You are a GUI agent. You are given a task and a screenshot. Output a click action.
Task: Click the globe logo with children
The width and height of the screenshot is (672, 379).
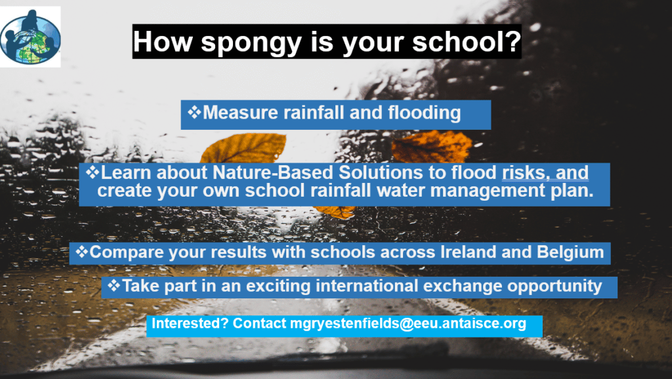[x=30, y=37]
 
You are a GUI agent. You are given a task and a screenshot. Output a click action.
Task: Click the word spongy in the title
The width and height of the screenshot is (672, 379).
[x=251, y=43]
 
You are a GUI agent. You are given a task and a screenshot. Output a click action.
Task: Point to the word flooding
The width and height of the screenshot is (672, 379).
[x=425, y=113]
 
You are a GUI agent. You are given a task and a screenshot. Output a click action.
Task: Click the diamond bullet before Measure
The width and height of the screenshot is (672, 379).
[x=194, y=112]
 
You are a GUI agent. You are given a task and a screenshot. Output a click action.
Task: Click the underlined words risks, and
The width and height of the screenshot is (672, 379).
[x=545, y=172]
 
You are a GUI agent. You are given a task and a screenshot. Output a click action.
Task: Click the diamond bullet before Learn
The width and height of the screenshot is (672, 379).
[x=93, y=172]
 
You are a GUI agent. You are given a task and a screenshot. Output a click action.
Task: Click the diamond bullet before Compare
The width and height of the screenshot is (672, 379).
[x=81, y=251]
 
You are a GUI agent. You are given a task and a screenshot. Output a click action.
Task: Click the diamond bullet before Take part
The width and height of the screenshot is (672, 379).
[x=114, y=285]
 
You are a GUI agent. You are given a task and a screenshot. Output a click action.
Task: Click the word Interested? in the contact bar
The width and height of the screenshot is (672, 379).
[x=190, y=323]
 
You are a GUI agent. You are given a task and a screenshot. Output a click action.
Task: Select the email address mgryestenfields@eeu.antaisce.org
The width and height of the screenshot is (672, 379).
[x=408, y=323]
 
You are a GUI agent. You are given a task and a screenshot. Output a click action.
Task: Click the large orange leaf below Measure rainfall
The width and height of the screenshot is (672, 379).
[x=243, y=148]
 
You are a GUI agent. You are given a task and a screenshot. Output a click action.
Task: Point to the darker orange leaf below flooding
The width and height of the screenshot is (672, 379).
[x=432, y=146]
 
